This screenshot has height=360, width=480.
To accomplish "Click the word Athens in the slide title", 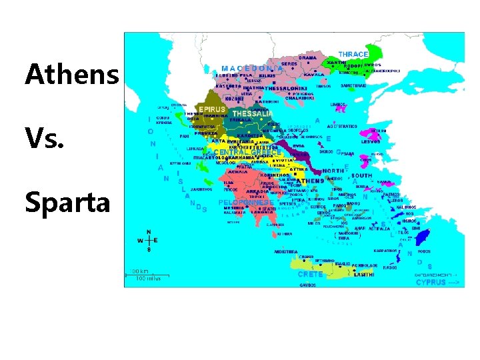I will (x=72, y=75).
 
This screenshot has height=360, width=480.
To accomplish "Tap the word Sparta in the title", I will (x=67, y=202).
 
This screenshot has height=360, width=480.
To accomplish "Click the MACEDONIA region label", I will (x=252, y=68).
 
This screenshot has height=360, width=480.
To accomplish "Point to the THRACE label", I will (x=353, y=54).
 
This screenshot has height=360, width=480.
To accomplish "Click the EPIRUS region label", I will (x=211, y=109).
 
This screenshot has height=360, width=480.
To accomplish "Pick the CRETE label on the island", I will (x=310, y=274).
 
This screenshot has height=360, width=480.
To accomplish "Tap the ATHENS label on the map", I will (x=310, y=181).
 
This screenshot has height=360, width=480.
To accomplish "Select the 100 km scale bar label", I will (x=139, y=271).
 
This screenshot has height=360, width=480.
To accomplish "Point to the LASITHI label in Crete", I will (x=363, y=274).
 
